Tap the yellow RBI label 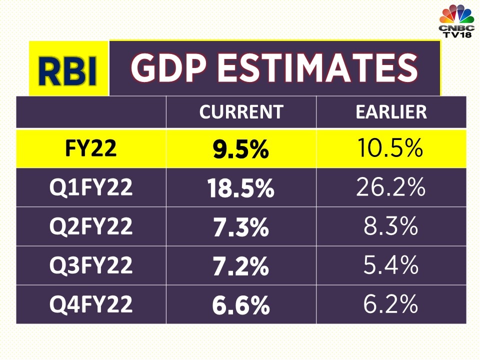(x=68, y=70)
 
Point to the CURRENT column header (x=241, y=112)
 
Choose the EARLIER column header (x=391, y=112)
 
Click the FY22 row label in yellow (x=90, y=149)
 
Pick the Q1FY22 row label (x=90, y=188)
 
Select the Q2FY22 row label (x=90, y=226)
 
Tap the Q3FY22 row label (x=90, y=265)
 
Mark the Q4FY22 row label (x=90, y=304)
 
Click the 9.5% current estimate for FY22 (x=241, y=150)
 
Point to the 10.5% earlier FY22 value (x=391, y=149)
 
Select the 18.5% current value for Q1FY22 (x=241, y=189)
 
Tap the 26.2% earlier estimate (x=391, y=188)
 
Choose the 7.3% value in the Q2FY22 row (x=241, y=227)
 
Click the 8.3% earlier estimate (x=391, y=227)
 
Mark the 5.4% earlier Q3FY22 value (x=391, y=265)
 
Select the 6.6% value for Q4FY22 (x=241, y=305)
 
